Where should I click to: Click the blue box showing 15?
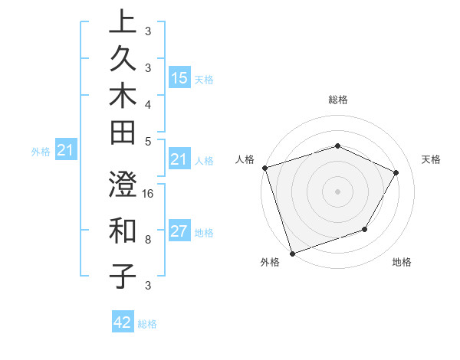point(179,77)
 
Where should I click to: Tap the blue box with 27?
point(179,232)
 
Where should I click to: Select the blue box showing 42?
point(123,322)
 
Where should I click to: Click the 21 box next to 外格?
point(66,151)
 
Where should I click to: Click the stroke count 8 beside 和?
point(148,239)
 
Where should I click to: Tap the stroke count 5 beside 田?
point(148,141)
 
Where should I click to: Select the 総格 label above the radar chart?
point(337,100)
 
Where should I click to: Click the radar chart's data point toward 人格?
point(264,167)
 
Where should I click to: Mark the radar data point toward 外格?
point(292,253)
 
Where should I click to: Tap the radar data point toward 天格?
point(396,172)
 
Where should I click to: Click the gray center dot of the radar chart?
point(337,191)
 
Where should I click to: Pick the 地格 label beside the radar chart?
point(402,262)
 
